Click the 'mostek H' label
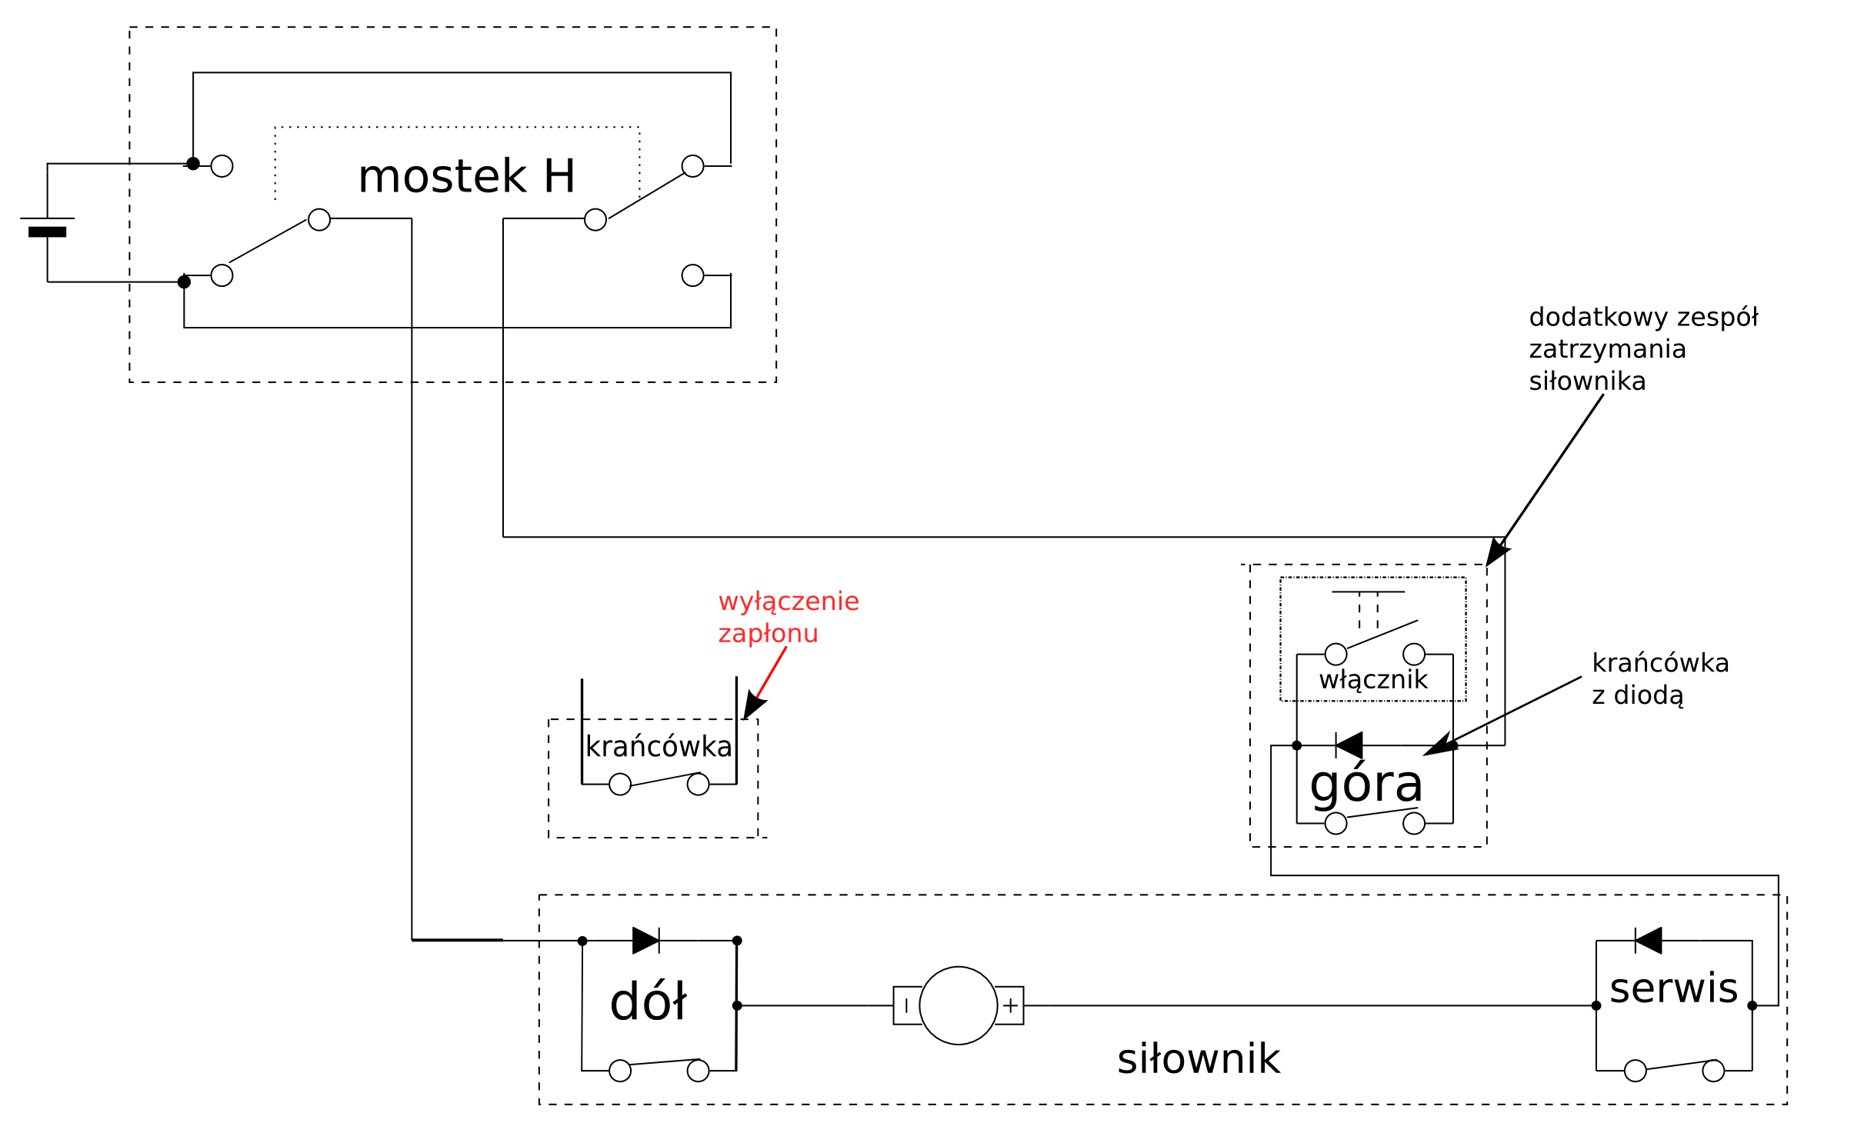tap(466, 176)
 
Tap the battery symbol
tap(48, 225)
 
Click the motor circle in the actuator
tap(958, 1005)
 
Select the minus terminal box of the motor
tap(906, 1005)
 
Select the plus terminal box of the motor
tap(1010, 1005)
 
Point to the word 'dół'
tap(648, 1002)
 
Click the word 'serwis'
tap(1673, 988)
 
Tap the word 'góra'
tap(1366, 785)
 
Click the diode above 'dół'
tap(646, 940)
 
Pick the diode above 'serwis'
tap(1648, 940)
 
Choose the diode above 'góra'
tap(1349, 745)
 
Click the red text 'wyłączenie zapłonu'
tap(788, 617)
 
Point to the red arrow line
tap(771, 673)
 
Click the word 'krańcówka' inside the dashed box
tap(659, 747)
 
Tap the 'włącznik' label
tap(1373, 680)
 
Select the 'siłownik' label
tap(1199, 1059)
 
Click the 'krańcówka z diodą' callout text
tap(1660, 678)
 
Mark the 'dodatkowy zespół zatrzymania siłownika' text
tap(1642, 349)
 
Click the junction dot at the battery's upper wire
tap(193, 163)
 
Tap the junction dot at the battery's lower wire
tap(184, 282)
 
